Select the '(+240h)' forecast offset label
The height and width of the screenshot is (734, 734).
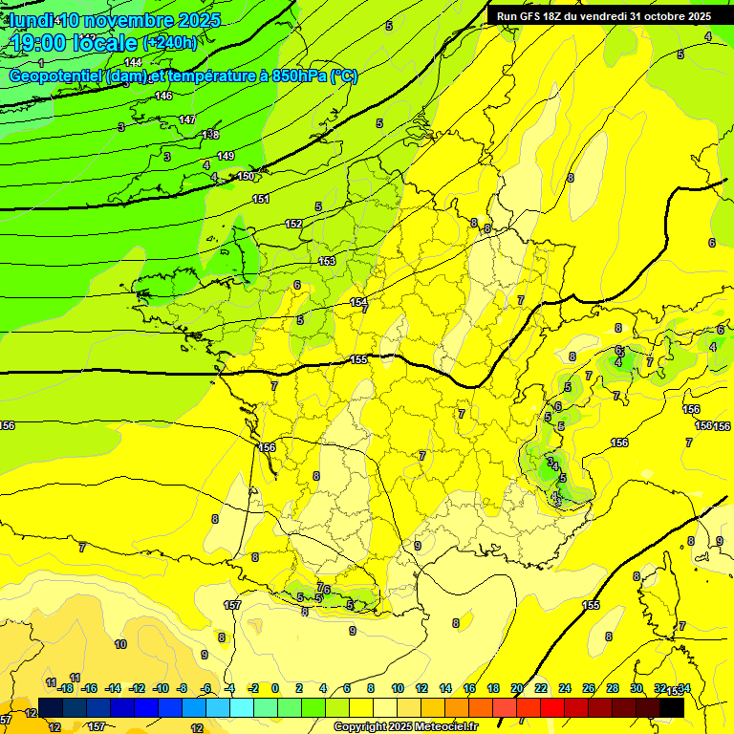tap(169, 43)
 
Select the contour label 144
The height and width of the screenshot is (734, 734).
tap(133, 62)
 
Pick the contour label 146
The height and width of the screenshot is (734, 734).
tap(163, 96)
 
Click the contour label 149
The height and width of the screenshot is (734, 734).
tap(226, 156)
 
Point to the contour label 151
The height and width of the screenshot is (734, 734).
tap(261, 199)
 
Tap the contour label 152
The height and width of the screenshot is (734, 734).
tap(293, 224)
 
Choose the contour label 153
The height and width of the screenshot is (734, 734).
tap(327, 261)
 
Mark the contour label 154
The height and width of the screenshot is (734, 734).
tap(357, 302)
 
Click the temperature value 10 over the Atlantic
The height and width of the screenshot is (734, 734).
tap(120, 644)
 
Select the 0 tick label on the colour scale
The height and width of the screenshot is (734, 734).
tap(275, 688)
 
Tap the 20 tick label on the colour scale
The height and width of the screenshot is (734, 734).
tap(516, 688)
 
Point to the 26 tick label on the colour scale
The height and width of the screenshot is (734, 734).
tap(588, 688)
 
